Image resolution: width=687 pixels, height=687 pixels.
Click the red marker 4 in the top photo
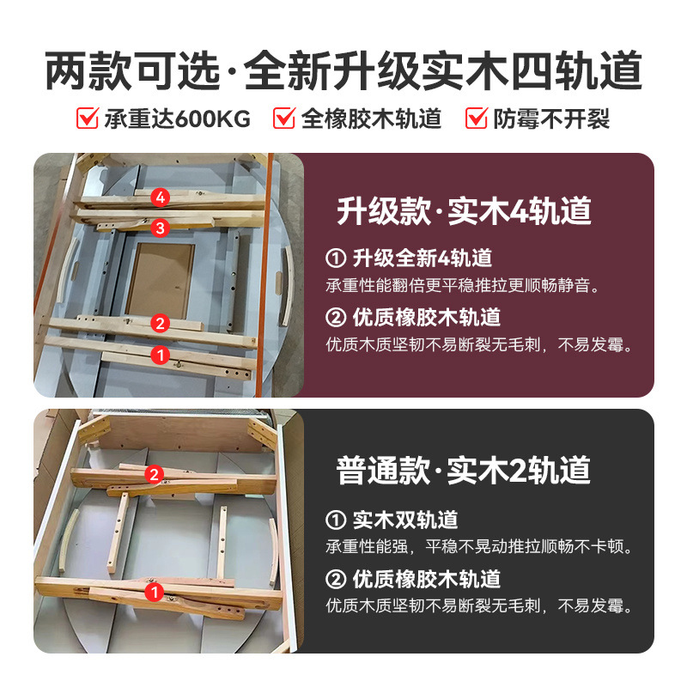tap(159, 198)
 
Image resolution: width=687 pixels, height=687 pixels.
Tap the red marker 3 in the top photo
tap(159, 228)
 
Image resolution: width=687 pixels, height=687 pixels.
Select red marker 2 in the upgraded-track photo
tap(160, 323)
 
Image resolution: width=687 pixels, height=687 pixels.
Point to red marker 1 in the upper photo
tap(160, 353)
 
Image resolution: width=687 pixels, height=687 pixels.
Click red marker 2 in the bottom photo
tap(155, 474)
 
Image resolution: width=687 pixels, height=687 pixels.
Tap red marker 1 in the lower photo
tap(155, 592)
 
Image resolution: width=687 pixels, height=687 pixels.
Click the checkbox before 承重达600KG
tap(88, 119)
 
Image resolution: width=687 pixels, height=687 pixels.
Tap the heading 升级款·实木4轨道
tap(464, 211)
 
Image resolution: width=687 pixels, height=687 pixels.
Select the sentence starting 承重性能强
tap(478, 546)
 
